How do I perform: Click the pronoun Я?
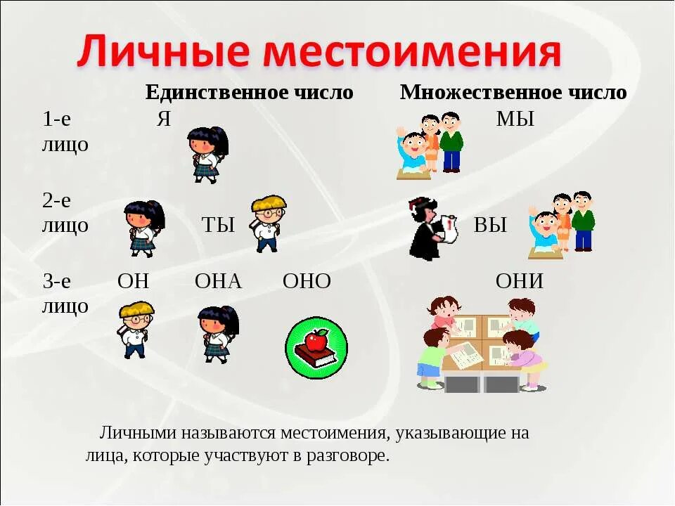coord(163,119)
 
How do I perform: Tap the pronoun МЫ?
coord(515,119)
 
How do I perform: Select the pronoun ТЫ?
coord(218,225)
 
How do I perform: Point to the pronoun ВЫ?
coord(490,225)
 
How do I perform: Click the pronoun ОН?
coord(134,281)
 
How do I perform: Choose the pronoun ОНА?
coord(218,281)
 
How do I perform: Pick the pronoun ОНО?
coord(307,281)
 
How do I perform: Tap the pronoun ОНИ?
coord(520,281)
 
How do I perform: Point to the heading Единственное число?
coord(249,92)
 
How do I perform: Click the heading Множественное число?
coord(513,92)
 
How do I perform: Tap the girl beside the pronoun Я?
coord(208,154)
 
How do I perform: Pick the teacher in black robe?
coord(429,228)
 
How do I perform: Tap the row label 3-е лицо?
coord(65,293)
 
